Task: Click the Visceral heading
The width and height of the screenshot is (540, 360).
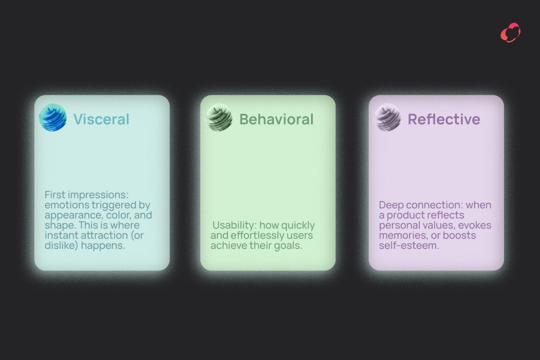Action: [x=101, y=119]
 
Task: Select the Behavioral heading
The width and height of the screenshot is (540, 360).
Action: [x=276, y=119]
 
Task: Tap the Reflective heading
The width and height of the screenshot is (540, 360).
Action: [x=444, y=119]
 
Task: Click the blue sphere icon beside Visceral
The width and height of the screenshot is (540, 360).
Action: [x=53, y=117]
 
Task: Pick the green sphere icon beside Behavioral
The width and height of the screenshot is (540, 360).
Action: [x=219, y=117]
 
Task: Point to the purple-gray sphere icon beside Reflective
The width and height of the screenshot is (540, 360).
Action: [x=387, y=117]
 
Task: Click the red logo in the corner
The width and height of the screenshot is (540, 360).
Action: [x=510, y=32]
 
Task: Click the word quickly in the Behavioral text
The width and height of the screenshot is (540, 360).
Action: [x=298, y=225]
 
